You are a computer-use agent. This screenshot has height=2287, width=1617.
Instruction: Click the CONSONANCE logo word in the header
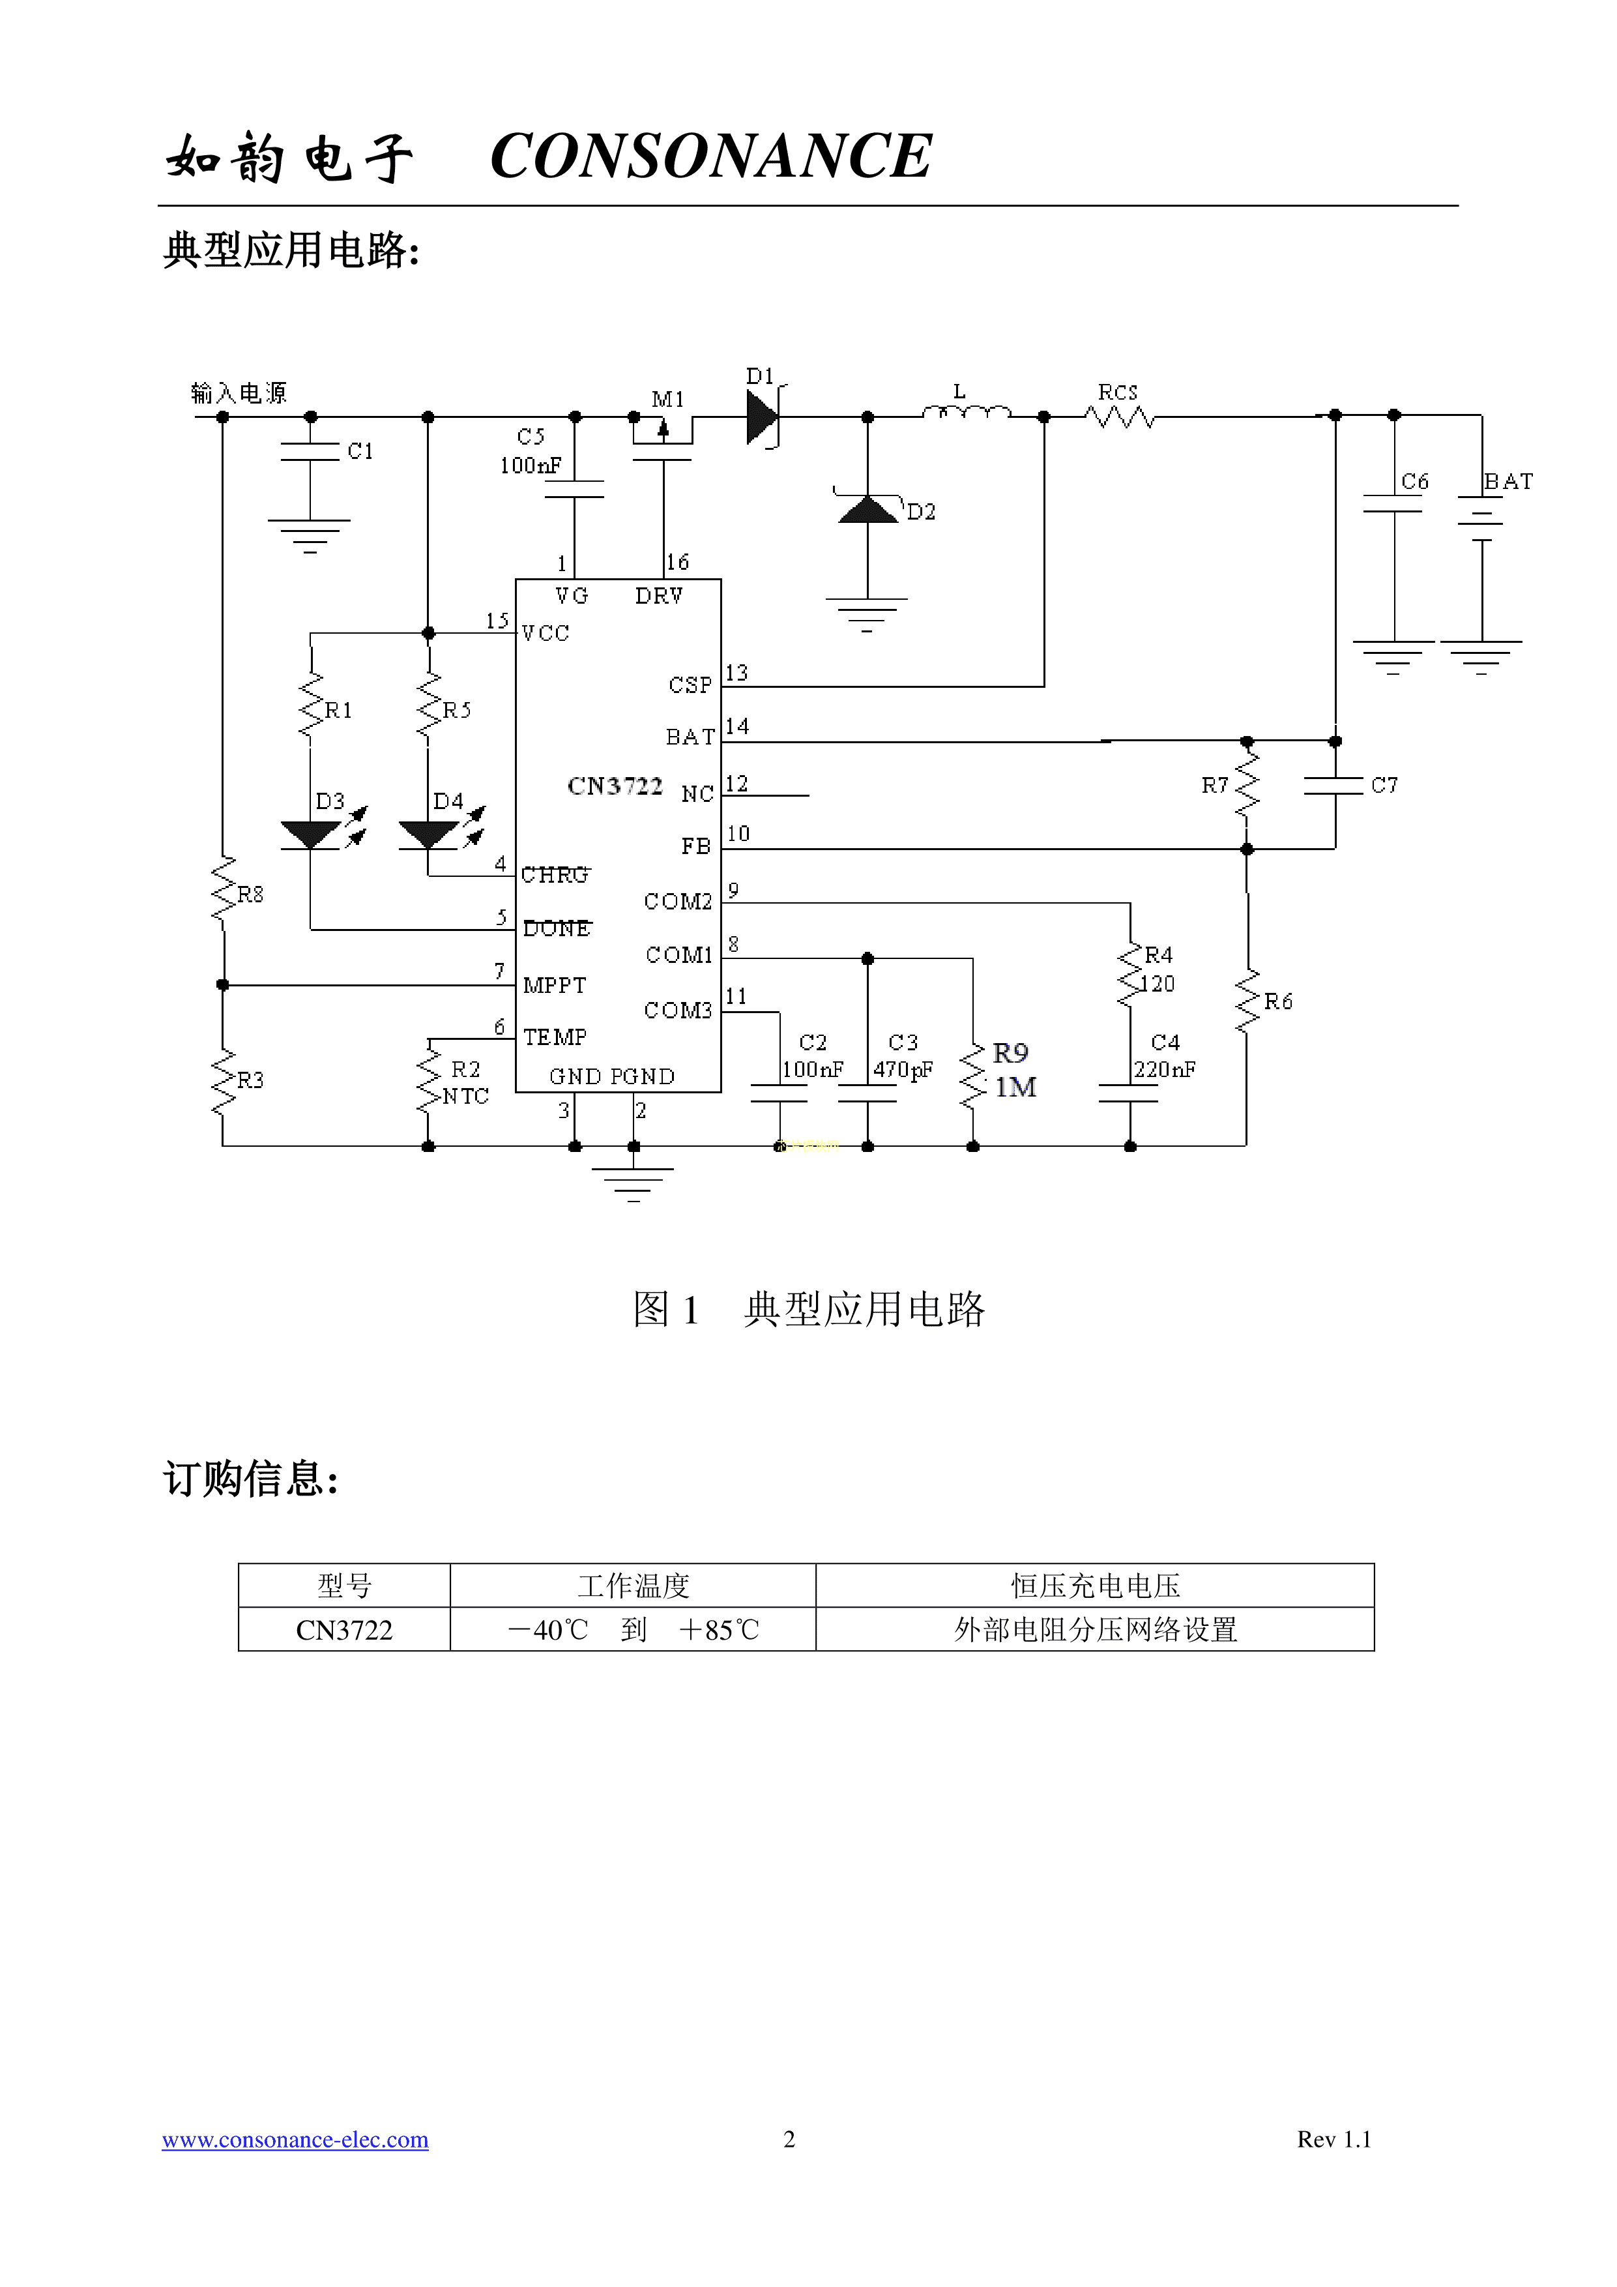coord(711,156)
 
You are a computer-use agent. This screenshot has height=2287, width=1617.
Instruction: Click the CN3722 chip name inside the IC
coord(615,786)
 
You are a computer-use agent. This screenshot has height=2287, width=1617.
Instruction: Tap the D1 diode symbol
coord(762,417)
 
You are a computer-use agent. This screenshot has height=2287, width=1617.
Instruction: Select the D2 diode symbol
coord(867,510)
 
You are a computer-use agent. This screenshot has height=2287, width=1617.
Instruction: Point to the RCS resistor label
coord(1117,392)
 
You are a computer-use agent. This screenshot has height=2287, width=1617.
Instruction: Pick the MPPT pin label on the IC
coord(555,985)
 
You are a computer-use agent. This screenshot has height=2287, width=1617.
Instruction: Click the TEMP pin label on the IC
coord(555,1037)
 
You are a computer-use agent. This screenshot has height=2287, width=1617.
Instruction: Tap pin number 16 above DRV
coord(677,563)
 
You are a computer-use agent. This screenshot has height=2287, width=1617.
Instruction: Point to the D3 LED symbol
coord(311,834)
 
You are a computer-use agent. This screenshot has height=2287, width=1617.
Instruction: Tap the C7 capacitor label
coord(1384,785)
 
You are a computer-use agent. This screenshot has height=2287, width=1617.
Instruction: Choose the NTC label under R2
coord(465,1096)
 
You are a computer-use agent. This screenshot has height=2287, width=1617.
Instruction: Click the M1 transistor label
coord(667,400)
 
